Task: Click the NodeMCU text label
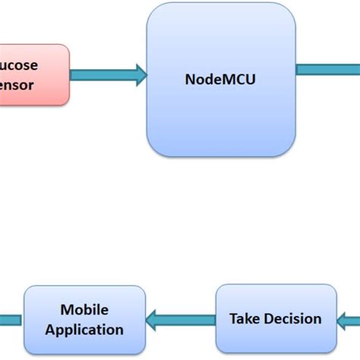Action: (221, 78)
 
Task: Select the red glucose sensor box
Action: (34, 74)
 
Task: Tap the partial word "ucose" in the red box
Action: (18, 65)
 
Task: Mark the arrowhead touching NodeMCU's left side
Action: (140, 74)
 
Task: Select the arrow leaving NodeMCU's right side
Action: (327, 70)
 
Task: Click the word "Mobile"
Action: (84, 310)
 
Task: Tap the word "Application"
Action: (84, 330)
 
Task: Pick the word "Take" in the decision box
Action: (245, 319)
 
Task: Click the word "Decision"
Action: (292, 319)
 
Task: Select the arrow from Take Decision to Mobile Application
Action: (182, 319)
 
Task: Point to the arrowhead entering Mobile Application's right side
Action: (153, 319)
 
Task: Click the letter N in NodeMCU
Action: (190, 78)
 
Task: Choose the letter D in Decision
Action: (270, 319)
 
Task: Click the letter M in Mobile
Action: (66, 310)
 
